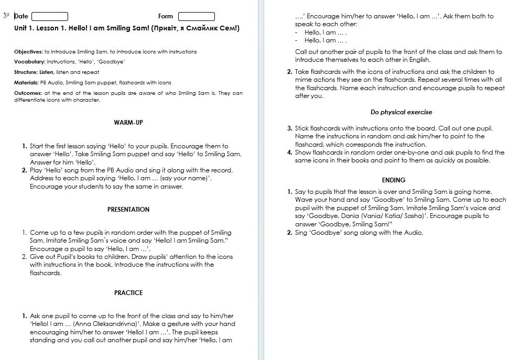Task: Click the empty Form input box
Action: click(x=197, y=16)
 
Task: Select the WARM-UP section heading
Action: click(x=128, y=123)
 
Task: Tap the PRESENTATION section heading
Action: click(x=128, y=210)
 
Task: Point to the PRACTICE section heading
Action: click(x=128, y=293)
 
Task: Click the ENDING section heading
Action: click(x=394, y=180)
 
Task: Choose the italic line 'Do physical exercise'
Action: click(x=401, y=112)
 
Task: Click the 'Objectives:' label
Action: click(x=28, y=52)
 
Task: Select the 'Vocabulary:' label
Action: click(x=29, y=62)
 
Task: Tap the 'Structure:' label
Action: click(x=26, y=72)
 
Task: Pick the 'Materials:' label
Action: click(x=26, y=83)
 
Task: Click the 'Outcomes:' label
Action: click(x=28, y=93)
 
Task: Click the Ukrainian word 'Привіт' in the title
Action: click(x=165, y=28)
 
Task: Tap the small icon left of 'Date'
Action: click(x=6, y=16)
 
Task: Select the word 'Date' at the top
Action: click(x=21, y=16)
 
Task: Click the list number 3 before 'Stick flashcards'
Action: click(x=289, y=128)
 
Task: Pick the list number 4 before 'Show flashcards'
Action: click(x=289, y=152)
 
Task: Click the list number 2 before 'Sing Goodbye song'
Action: click(x=289, y=233)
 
